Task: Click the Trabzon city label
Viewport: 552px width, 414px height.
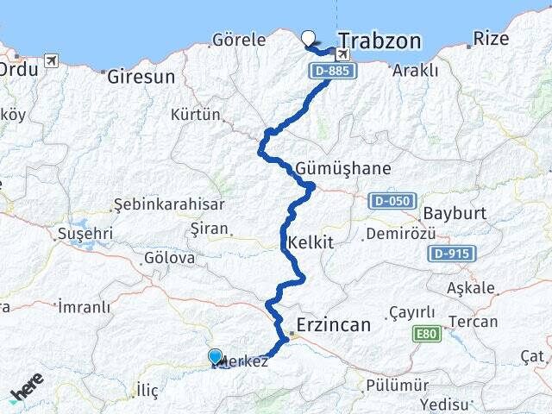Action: pyautogui.click(x=379, y=41)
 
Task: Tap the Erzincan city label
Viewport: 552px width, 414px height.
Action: pyautogui.click(x=333, y=325)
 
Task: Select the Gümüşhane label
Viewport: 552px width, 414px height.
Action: pyautogui.click(x=342, y=168)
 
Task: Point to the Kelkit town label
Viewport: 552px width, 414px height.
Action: pyautogui.click(x=312, y=242)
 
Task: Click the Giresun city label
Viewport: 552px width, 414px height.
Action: pyautogui.click(x=141, y=77)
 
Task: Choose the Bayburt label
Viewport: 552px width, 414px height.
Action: pyautogui.click(x=454, y=213)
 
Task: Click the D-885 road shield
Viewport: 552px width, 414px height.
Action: pyautogui.click(x=331, y=71)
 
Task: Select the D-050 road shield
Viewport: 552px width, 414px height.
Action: pyautogui.click(x=388, y=201)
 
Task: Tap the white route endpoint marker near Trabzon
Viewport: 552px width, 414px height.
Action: pyautogui.click(x=310, y=37)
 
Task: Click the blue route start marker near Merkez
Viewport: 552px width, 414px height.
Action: pyautogui.click(x=215, y=355)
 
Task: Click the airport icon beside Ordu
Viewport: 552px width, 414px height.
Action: pyautogui.click(x=51, y=60)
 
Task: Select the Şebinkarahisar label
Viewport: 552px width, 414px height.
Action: pyautogui.click(x=169, y=205)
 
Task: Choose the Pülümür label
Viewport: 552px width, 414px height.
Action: pyautogui.click(x=397, y=385)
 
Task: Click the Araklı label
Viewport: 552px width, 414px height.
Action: pyautogui.click(x=415, y=71)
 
